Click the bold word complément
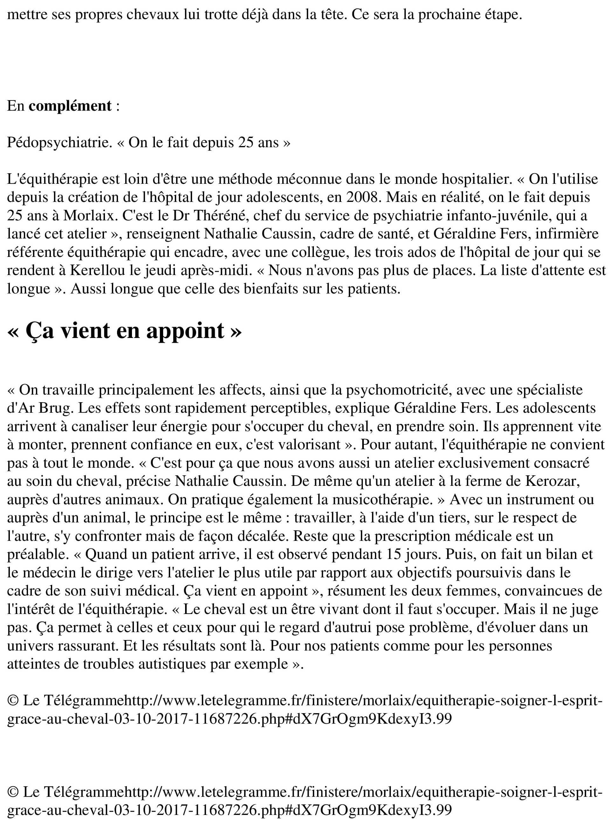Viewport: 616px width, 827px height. click(x=70, y=106)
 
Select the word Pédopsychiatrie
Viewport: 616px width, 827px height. click(x=59, y=143)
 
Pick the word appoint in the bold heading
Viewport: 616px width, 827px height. click(x=185, y=331)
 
